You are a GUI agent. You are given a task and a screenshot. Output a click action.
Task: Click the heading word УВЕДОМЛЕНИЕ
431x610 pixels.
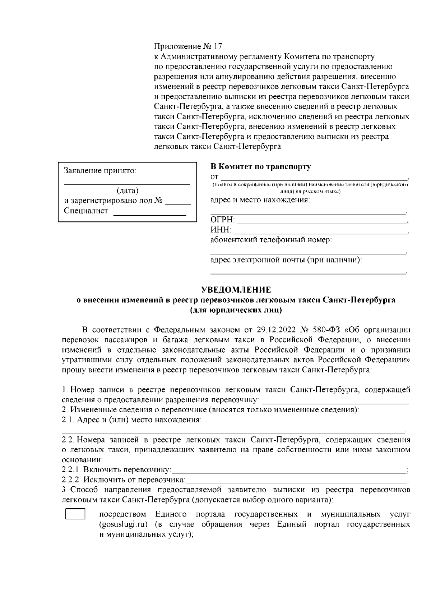[236, 290]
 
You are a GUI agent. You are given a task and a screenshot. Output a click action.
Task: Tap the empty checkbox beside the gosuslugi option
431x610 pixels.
[75, 514]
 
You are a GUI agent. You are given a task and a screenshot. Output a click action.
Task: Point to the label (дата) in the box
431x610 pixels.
[128, 191]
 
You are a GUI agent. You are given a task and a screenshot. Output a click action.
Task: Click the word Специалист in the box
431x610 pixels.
[86, 211]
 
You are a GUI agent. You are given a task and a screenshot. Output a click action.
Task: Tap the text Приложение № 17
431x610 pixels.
[188, 47]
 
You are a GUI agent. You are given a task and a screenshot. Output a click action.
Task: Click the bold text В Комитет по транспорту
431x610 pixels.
[260, 167]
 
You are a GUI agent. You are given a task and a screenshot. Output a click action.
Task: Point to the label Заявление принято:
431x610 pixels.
[100, 171]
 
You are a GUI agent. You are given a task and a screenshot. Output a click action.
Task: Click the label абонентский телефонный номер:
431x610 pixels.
[271, 240]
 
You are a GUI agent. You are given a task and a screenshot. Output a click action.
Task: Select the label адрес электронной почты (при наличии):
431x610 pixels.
[286, 260]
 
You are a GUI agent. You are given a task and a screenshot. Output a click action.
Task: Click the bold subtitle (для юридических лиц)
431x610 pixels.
[236, 310]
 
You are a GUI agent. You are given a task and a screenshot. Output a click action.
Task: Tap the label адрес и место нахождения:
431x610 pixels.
[260, 200]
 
